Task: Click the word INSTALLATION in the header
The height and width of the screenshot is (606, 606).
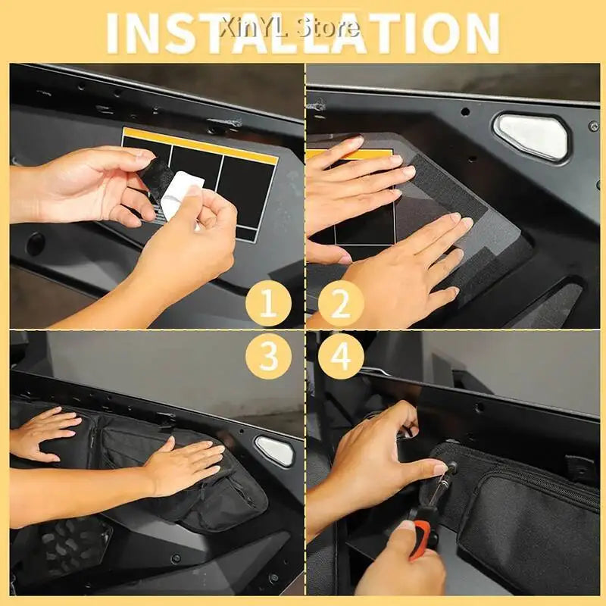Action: click(x=302, y=33)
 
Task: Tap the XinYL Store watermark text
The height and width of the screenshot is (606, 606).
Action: click(x=290, y=28)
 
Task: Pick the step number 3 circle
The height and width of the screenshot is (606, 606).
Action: click(x=269, y=356)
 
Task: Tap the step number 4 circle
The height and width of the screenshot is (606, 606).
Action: click(x=341, y=356)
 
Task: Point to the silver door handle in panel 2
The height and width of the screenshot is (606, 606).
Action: click(x=532, y=136)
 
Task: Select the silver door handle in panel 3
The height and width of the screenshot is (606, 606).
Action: click(x=275, y=451)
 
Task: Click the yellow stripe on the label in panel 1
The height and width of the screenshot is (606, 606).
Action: click(x=200, y=145)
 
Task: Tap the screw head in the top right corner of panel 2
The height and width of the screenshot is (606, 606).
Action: click(x=593, y=126)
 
